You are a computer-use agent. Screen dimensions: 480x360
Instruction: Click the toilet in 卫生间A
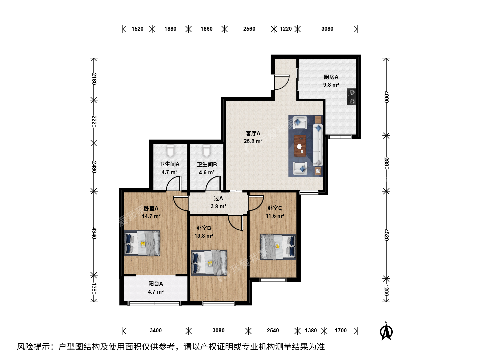click(x=170, y=150)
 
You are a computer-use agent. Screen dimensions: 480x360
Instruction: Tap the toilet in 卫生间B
click(x=206, y=150)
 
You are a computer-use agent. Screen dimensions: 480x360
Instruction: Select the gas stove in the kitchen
click(x=351, y=97)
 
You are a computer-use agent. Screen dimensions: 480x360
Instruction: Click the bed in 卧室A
click(x=142, y=243)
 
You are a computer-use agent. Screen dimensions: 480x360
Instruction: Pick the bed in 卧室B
click(x=209, y=263)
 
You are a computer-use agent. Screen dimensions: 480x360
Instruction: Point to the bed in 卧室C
click(x=278, y=247)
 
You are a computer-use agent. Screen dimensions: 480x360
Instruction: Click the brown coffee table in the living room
click(x=300, y=146)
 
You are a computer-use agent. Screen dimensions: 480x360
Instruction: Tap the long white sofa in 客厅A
click(x=318, y=145)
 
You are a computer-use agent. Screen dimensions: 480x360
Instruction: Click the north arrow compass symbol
click(x=386, y=332)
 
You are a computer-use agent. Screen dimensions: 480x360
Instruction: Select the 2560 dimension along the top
click(x=249, y=29)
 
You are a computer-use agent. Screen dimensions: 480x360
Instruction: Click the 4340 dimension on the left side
click(x=94, y=233)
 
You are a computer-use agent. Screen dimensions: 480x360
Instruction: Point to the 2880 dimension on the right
click(x=386, y=163)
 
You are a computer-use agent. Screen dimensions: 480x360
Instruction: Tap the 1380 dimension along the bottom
click(x=311, y=330)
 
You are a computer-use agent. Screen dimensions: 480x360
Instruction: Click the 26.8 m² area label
click(x=253, y=141)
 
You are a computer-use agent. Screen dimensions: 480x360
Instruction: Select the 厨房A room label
click(x=331, y=77)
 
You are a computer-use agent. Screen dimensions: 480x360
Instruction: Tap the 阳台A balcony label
click(x=155, y=284)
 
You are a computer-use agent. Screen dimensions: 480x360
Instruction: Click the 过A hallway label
click(x=218, y=198)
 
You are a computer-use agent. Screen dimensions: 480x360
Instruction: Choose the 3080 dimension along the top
click(x=327, y=29)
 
